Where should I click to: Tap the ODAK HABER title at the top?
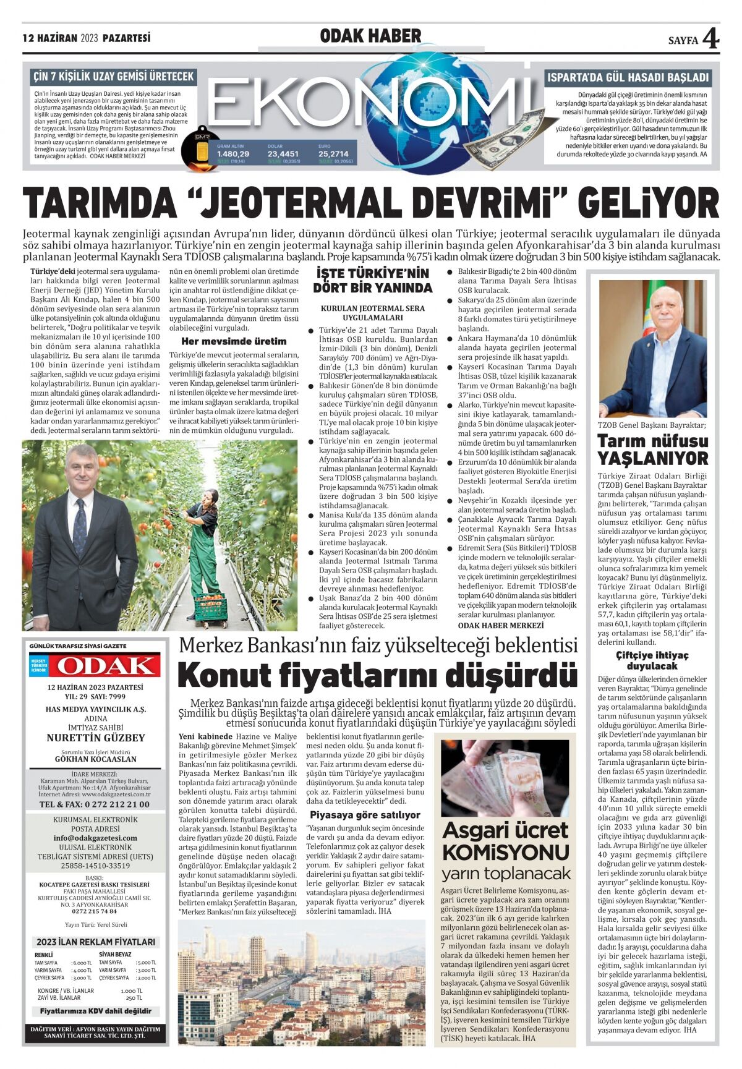tap(370, 36)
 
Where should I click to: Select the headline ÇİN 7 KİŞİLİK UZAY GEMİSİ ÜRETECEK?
tap(113, 77)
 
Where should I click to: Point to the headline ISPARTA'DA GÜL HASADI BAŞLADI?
tap(628, 78)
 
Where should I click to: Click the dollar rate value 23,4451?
tap(283, 154)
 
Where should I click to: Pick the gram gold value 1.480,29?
tap(233, 154)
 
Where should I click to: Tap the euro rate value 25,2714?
tap(333, 154)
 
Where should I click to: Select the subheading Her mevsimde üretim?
tap(233, 341)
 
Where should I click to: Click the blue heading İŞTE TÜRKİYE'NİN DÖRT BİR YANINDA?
tap(372, 281)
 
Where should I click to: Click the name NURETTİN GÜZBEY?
tap(96, 738)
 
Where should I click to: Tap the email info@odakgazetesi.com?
tap(95, 838)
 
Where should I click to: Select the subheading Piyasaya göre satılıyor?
tap(365, 815)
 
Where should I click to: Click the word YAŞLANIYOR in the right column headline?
tap(652, 459)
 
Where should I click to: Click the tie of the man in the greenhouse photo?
tap(80, 529)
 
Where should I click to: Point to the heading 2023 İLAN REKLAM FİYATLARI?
tap(96, 942)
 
